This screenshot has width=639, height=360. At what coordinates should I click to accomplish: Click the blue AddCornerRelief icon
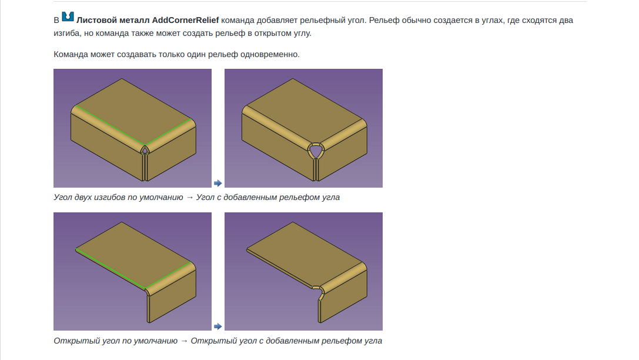[x=68, y=16]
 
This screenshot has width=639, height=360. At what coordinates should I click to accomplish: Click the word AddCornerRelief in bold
[x=185, y=20]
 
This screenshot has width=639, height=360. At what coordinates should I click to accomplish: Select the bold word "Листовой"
[x=96, y=20]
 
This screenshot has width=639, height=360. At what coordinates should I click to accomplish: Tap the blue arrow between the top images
[x=218, y=183]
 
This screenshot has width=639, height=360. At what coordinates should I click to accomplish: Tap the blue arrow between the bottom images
[x=218, y=326]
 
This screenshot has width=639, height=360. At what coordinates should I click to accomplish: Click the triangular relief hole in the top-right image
[x=316, y=151]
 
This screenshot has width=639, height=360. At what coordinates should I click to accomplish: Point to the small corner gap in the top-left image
[x=145, y=151]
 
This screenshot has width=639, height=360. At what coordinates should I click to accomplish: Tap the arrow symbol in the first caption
[x=189, y=197]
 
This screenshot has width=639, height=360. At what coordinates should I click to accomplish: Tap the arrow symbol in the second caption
[x=184, y=341]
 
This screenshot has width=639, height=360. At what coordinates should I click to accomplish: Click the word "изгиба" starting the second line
[x=66, y=34]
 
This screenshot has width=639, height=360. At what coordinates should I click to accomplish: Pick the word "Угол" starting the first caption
[x=63, y=197]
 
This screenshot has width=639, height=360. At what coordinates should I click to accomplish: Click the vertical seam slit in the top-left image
[x=145, y=166]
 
